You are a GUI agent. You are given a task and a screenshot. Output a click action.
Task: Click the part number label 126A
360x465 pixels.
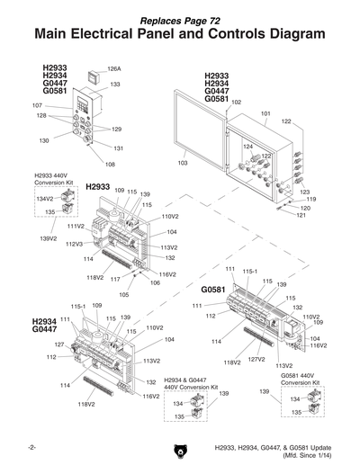coord(114,68)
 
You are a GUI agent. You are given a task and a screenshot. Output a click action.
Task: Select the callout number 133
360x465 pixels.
coord(115,84)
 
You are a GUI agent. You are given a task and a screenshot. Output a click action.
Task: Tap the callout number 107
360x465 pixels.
coord(37,105)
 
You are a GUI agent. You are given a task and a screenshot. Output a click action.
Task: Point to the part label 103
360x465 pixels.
coord(182,164)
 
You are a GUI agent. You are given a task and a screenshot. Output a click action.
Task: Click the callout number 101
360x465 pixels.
coord(265,113)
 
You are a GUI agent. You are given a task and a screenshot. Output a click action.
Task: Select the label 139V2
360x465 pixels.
coord(49,238)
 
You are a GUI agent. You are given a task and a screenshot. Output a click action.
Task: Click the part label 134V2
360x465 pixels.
coord(45,198)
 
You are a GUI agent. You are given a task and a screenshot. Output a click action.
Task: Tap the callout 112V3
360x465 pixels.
coord(75,244)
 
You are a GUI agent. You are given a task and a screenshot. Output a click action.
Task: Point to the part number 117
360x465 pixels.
coord(114,279)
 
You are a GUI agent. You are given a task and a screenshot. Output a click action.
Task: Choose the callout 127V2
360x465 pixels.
coord(256,359)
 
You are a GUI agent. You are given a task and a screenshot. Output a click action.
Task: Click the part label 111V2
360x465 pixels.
coord(76,226)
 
